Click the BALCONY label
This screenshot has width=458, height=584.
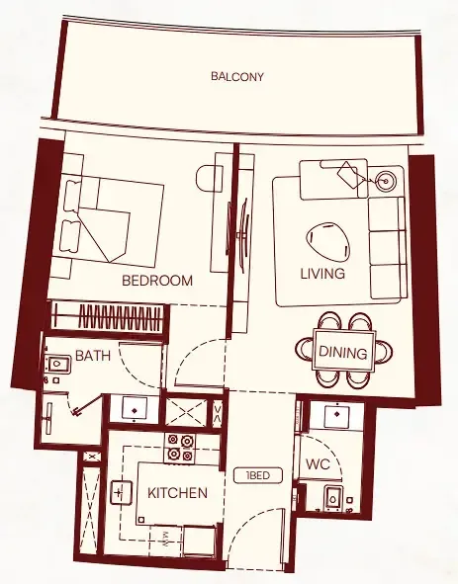pos(237,76)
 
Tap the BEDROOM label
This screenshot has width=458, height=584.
pos(156,281)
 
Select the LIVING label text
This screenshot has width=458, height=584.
pos(323,274)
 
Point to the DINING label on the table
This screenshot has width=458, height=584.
pos(343,353)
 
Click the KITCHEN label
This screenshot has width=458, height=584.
pos(177,493)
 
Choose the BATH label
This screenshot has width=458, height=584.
pos(92,356)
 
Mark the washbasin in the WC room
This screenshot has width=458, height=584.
pos(341,417)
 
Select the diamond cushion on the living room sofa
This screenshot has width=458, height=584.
pos(347,175)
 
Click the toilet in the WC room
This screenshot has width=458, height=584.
pos(333,500)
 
